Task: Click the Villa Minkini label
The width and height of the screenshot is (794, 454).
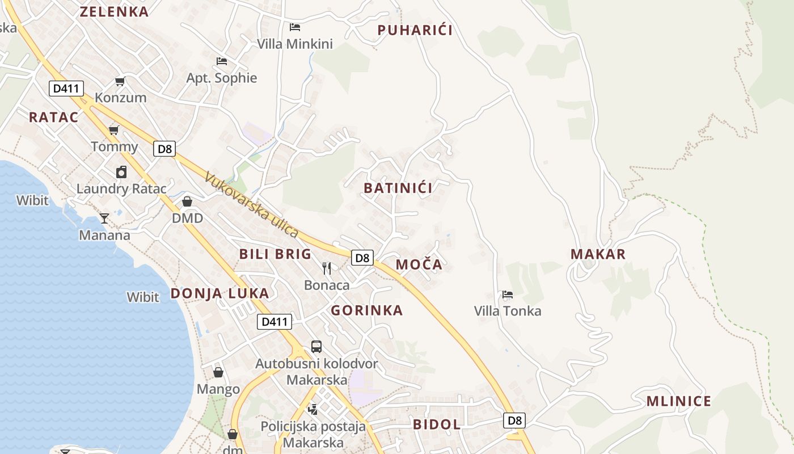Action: [x=294, y=44]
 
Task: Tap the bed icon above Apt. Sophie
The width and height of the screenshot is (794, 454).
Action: [x=222, y=61]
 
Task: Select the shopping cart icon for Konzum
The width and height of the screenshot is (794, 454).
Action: [x=120, y=82]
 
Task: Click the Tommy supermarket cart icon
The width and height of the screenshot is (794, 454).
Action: [x=113, y=130]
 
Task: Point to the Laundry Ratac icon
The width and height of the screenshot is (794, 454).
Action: [x=121, y=172]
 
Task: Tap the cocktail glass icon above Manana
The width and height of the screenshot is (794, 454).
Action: [x=104, y=218]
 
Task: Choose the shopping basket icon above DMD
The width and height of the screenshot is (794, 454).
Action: [x=187, y=201]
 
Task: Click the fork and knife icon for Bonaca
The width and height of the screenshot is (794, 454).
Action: [x=327, y=268]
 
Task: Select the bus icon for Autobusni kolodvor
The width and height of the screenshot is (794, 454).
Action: [x=316, y=346]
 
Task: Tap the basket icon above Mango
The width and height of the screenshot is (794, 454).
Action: [x=218, y=372]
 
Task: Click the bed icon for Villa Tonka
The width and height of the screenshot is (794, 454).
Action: [x=508, y=295]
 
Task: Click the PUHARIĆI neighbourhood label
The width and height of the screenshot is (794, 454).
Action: [x=415, y=30]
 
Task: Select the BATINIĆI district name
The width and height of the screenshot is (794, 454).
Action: [x=398, y=188]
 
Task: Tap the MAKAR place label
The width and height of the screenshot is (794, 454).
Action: [x=598, y=254]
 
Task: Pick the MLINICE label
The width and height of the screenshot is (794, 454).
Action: [x=678, y=401]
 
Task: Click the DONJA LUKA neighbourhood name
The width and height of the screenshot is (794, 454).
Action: [x=219, y=293]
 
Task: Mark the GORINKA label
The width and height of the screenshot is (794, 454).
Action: [x=366, y=310]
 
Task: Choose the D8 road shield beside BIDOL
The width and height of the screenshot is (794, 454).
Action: [x=514, y=421]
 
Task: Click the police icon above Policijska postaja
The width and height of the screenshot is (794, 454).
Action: [x=312, y=409]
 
